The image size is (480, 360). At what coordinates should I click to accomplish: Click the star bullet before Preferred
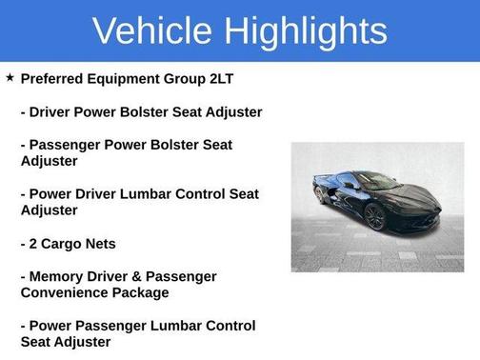pos(10,76)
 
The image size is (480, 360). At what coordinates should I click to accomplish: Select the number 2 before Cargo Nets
pos(35,243)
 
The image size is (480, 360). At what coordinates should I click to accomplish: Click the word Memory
pos(60,276)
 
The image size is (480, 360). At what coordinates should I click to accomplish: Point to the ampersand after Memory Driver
pos(144,276)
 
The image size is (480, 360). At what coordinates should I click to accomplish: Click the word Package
pos(143,292)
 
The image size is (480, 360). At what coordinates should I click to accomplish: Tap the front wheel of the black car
pos(376,217)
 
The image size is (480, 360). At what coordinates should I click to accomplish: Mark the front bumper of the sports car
pos(419,211)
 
